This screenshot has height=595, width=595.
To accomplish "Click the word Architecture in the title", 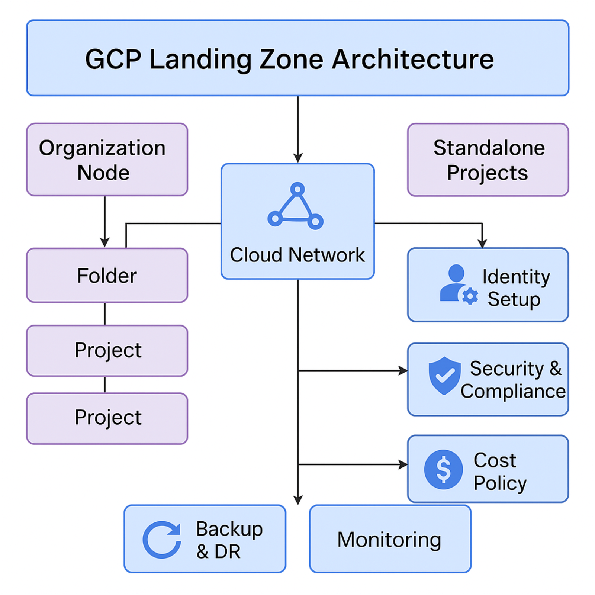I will coord(412,59).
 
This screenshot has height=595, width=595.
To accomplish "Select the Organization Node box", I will coord(107,160).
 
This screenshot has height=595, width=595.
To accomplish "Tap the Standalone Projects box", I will coord(488,160).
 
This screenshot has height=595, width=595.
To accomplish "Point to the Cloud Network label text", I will coord(297,255).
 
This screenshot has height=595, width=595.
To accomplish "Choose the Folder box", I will coord(107,276).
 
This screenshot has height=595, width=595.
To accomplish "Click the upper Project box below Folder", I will coord(107,350).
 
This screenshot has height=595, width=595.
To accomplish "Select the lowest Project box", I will coord(107,418).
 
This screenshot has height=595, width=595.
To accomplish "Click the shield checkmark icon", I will coord(444,376).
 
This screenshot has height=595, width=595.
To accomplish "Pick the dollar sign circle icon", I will coord(443,469).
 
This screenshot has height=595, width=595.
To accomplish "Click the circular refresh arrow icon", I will coord(162,540).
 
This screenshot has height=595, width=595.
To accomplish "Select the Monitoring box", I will coord(390,539).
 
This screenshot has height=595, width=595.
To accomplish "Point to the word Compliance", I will coord(513,392).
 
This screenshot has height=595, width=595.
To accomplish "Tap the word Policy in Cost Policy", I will coord(500,483).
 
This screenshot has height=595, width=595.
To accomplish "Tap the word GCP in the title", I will coord(113,59).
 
